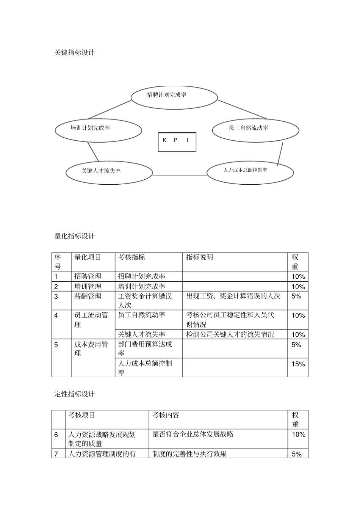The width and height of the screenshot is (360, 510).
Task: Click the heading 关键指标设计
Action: coord(74,53)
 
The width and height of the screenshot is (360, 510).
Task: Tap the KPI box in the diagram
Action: coord(177,142)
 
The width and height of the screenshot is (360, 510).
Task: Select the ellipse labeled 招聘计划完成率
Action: coord(174,97)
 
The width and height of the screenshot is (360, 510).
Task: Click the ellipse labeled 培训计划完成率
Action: coord(98,130)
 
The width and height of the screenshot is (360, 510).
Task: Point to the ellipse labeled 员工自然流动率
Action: coord(255,130)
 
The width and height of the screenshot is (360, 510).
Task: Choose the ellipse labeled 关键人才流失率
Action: coord(109,173)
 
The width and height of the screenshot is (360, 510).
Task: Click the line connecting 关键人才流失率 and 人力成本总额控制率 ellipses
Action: coord(180,175)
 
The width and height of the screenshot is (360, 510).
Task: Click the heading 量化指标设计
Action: coord(74,236)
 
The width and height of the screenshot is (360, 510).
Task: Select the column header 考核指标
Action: coord(131,257)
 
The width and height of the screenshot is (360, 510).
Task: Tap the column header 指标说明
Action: coord(200,257)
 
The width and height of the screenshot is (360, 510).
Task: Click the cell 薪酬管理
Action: coord(88,297)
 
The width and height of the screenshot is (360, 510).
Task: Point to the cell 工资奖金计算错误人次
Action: coord(145,301)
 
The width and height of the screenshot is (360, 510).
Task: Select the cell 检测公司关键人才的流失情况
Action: coord(230,334)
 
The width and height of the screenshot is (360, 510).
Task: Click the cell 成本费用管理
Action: coord(91,349)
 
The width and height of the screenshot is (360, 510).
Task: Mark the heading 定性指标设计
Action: coord(74,394)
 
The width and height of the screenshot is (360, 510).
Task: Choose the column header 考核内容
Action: coord(166,415)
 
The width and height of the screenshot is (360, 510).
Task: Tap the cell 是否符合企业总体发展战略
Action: coord(193,435)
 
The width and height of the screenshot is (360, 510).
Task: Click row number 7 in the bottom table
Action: coord(56,454)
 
